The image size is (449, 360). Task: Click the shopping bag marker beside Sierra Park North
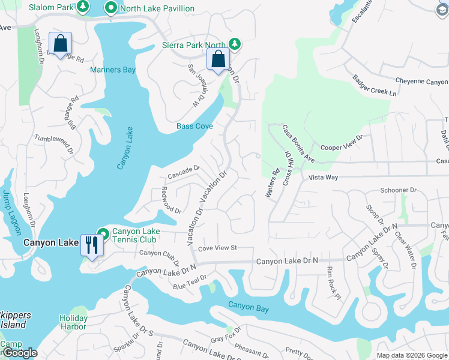click(x=218, y=59)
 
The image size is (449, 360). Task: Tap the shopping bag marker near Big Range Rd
click(x=60, y=43)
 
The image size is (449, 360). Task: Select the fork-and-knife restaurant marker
click(x=91, y=245)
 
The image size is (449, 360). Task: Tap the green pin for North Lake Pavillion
click(x=110, y=8)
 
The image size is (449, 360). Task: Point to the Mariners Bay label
click(x=113, y=70)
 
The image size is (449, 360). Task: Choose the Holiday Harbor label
click(x=73, y=322)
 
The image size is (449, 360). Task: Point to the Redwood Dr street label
click(x=171, y=200)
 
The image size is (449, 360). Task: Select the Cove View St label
click(x=218, y=248)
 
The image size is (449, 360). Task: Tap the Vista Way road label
click(x=324, y=178)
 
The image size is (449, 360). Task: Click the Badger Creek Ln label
click(x=375, y=85)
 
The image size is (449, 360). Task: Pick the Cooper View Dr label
click(x=342, y=143)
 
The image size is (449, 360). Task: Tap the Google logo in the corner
click(x=19, y=353)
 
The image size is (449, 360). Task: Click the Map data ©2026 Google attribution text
click(x=412, y=355)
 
